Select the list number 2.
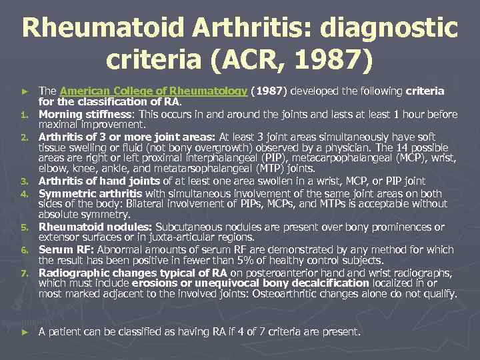pos(23,137)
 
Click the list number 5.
pos(23,227)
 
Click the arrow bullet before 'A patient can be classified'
pos(25,331)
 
